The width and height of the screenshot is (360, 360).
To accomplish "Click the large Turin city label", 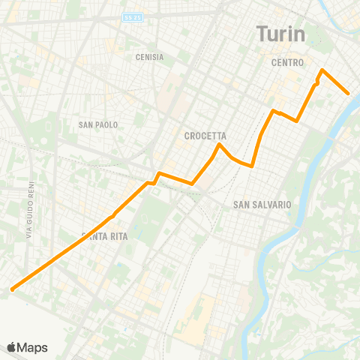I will [280, 34].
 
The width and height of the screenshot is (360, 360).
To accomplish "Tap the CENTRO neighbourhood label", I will [287, 64].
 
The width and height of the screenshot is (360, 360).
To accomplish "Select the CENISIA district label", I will [149, 57].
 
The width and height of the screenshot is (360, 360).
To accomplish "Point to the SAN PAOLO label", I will [98, 124].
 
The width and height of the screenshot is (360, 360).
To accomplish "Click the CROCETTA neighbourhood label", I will [205, 136].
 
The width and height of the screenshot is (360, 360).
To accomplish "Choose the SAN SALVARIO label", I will [262, 204].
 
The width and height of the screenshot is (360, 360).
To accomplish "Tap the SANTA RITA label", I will [104, 237].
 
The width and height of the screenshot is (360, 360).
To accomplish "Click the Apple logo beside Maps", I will [12, 347].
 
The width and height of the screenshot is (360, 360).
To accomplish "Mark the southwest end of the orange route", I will [12, 289].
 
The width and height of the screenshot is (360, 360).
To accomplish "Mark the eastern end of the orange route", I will [349, 93].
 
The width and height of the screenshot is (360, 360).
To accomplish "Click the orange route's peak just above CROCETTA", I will [218, 144].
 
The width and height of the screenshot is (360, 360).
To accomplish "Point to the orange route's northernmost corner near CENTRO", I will [322, 70].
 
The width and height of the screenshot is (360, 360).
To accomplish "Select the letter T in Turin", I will [262, 34].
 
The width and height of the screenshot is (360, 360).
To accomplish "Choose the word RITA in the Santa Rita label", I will [118, 237].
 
